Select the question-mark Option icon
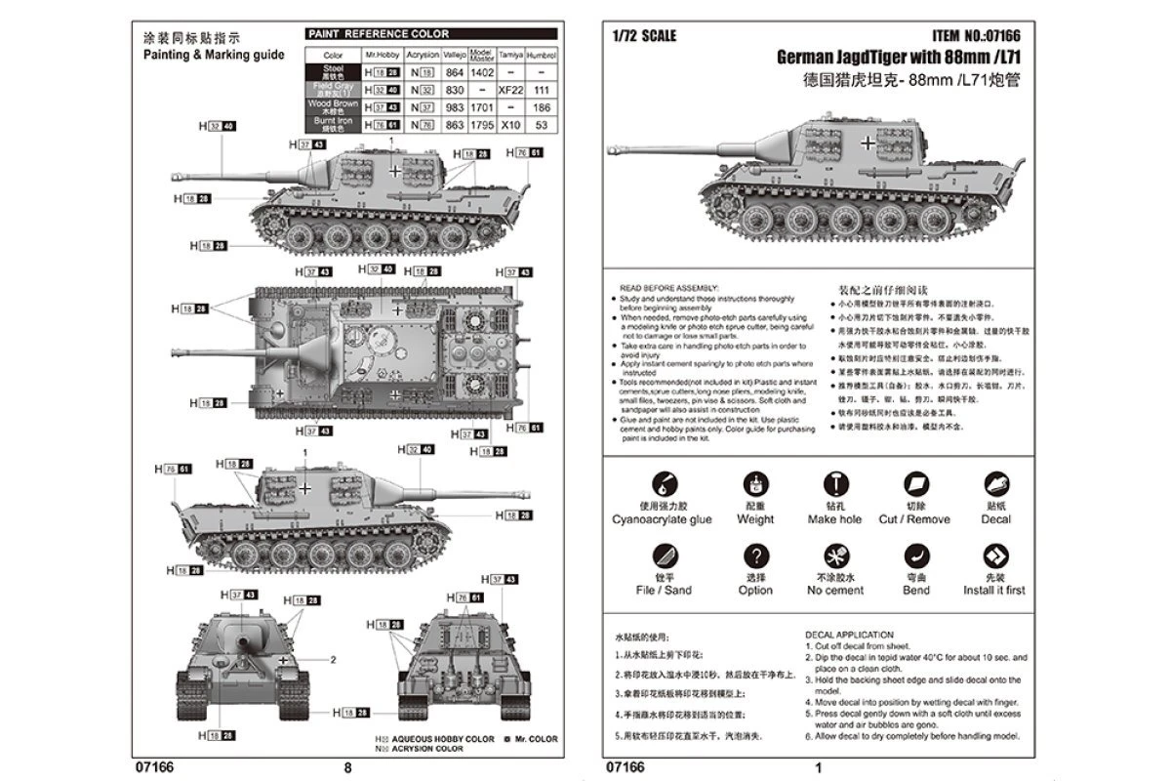pyautogui.click(x=755, y=556)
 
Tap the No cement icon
pyautogui.click(x=836, y=556)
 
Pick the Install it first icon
pyautogui.click(x=995, y=556)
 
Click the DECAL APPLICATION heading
pyautogui.click(x=849, y=635)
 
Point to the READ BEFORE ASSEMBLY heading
pyautogui.click(x=668, y=289)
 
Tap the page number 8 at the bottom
pyautogui.click(x=348, y=767)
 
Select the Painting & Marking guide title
pyautogui.click(x=214, y=55)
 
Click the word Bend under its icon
pyautogui.click(x=916, y=591)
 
